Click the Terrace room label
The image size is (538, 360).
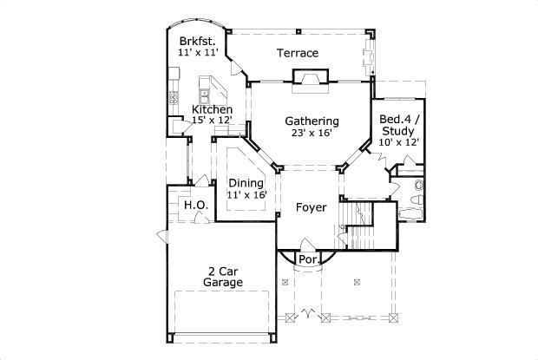[297, 53]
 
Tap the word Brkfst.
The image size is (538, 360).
[196, 41]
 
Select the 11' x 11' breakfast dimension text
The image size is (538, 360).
[196, 53]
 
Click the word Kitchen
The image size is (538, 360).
[212, 109]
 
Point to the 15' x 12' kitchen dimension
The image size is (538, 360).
[212, 122]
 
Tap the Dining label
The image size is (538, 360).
[246, 182]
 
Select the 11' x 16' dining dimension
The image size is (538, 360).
[246, 195]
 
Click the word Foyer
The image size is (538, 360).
[311, 207]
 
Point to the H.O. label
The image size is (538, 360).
[193, 205]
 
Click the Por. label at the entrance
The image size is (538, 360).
[307, 259]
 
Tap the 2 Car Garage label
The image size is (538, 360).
[221, 276]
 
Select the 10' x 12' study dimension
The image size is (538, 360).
[399, 142]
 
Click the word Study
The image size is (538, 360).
[399, 130]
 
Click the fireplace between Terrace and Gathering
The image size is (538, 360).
[310, 82]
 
